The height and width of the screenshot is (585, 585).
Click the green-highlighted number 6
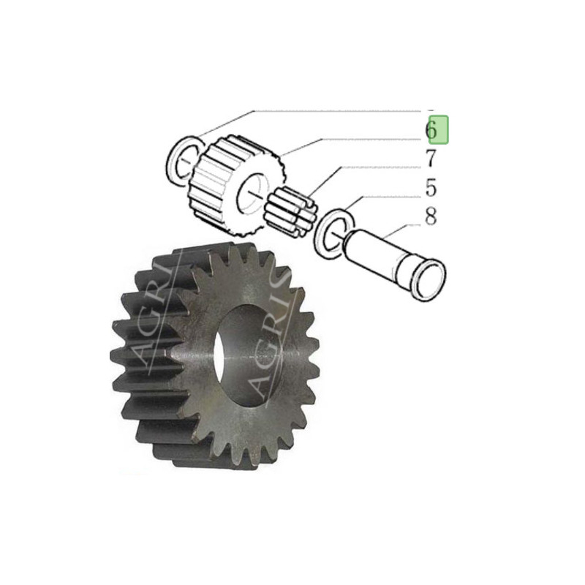[x=431, y=130]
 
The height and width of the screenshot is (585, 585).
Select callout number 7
[x=431, y=158]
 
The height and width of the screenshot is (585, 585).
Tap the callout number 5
[x=431, y=187]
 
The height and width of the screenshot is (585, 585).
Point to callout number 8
[x=431, y=216]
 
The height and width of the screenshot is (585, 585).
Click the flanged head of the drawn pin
[x=429, y=280]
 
